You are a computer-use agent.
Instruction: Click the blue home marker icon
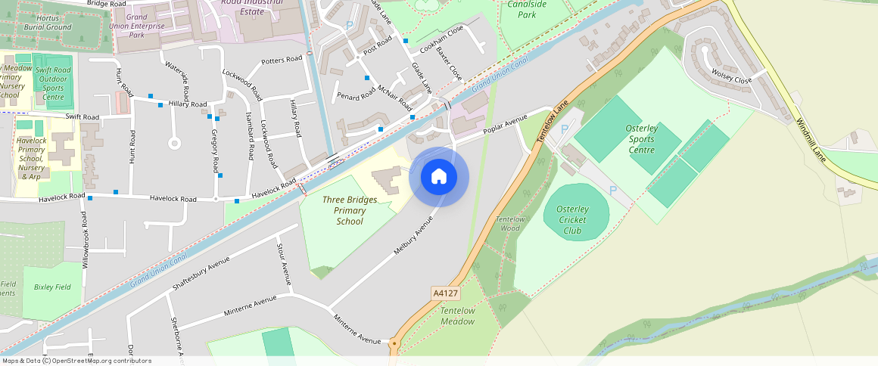coord(439,178)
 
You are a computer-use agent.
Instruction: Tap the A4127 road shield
coord(445,293)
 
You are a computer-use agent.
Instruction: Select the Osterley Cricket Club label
coord(572,219)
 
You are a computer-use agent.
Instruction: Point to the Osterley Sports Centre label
coord(641,139)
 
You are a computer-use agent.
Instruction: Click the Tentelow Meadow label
coord(457,316)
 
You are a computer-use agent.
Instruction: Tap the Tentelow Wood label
coord(509,223)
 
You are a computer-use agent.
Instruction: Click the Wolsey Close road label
coord(732,76)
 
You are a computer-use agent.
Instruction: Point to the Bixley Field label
coord(52,287)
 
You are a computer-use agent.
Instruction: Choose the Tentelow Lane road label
coord(551,125)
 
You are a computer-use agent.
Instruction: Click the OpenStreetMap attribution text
coord(76,361)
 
